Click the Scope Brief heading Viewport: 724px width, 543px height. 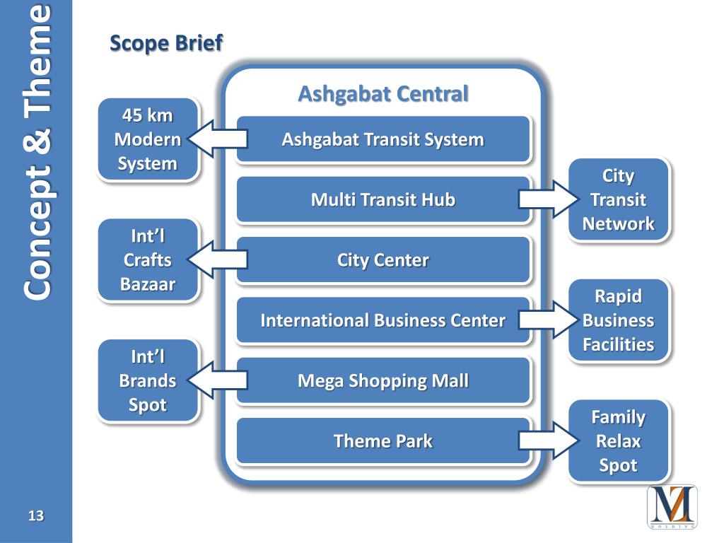[x=166, y=43]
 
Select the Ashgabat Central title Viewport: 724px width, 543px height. [x=383, y=94]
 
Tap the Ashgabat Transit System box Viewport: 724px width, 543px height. [x=383, y=139]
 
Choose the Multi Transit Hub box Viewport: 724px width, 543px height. [x=383, y=200]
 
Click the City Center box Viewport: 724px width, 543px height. [x=383, y=260]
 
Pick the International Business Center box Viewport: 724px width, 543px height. [x=383, y=321]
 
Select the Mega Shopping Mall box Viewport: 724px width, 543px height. [x=383, y=381]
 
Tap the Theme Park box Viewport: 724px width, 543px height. [x=383, y=442]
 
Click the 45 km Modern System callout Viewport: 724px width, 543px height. [x=148, y=139]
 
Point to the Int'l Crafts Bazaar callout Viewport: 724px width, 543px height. [x=148, y=260]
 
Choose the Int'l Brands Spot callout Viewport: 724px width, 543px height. [x=148, y=381]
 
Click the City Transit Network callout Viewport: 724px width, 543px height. [x=618, y=200]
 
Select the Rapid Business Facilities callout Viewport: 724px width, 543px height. [x=618, y=321]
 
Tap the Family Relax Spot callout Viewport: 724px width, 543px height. [x=618, y=442]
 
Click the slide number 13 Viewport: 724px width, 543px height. [x=35, y=516]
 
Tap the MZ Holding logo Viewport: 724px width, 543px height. [x=672, y=506]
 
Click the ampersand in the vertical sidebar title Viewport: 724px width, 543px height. [x=36, y=145]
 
